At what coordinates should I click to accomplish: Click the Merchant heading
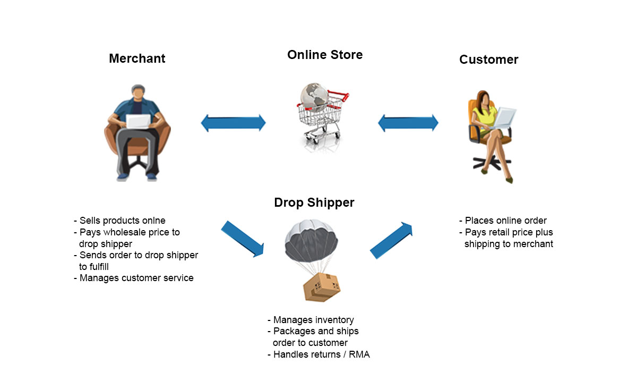pos(137,58)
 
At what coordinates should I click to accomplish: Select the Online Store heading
pos(325,55)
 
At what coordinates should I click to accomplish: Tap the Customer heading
pos(489,60)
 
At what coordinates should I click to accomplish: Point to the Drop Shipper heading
pos(314,202)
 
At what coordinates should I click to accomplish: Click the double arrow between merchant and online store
pos(234,123)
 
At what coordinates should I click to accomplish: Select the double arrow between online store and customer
pos(408,123)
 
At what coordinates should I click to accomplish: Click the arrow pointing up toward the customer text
pos(391,241)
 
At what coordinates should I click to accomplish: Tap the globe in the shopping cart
pos(315,97)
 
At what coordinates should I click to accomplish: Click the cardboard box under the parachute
pos(322,287)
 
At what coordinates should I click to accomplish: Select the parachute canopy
pos(312,241)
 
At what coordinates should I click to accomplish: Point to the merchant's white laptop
pos(139,122)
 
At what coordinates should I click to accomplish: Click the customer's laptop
pos(505,117)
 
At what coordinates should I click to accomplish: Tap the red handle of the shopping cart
pos(340,96)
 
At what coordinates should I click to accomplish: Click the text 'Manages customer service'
pos(136,278)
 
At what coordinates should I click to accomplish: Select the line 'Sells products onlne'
pos(122,221)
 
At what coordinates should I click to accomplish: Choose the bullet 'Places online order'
pos(505,221)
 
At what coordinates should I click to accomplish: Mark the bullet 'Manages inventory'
pos(313,319)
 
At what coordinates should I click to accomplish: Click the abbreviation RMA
pos(359,354)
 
